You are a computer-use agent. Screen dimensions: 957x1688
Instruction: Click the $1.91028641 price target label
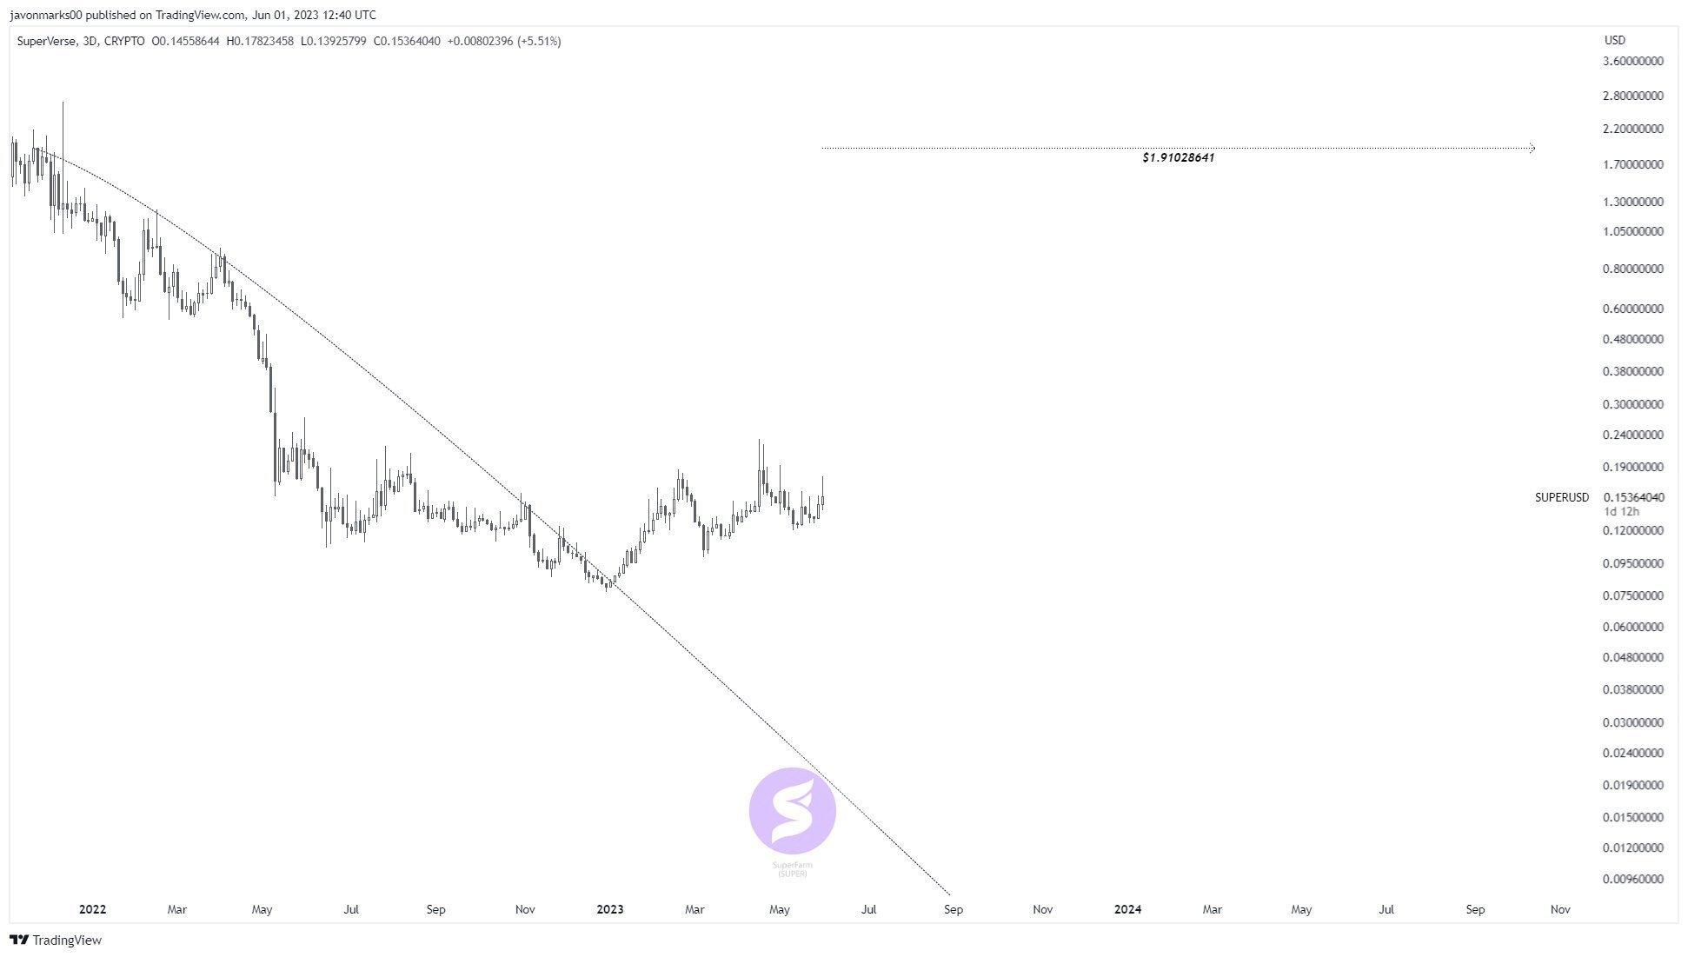pyautogui.click(x=1178, y=158)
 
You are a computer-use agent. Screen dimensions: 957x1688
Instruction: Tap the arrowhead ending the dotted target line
pyautogui.click(x=1532, y=149)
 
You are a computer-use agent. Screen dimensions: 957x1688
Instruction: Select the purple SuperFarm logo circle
pyautogui.click(x=792, y=811)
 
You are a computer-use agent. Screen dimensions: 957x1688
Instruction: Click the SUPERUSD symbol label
pyautogui.click(x=1561, y=498)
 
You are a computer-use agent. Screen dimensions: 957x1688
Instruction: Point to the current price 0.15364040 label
pyautogui.click(x=1633, y=498)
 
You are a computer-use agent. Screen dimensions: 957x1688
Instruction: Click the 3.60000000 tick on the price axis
pyautogui.click(x=1632, y=62)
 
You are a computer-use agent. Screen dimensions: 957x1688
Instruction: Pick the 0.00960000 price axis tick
pyautogui.click(x=1632, y=880)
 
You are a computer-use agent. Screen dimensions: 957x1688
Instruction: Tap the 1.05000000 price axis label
pyautogui.click(x=1632, y=232)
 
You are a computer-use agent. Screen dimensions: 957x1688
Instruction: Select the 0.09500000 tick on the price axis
pyautogui.click(x=1632, y=564)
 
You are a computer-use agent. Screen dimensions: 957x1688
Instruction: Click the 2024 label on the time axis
pyautogui.click(x=1127, y=910)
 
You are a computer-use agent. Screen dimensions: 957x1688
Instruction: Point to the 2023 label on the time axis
pyautogui.click(x=609, y=910)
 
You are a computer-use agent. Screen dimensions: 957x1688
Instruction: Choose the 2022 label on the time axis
pyautogui.click(x=92, y=910)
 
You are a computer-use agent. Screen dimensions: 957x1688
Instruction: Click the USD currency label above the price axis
pyautogui.click(x=1614, y=41)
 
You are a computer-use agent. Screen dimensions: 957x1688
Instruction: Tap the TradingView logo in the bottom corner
pyautogui.click(x=56, y=940)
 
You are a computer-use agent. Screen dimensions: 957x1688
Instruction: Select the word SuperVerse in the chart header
pyautogui.click(x=47, y=41)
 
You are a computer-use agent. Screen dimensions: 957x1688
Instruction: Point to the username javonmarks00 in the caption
pyautogui.click(x=46, y=15)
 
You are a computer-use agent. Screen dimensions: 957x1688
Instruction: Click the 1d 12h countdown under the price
pyautogui.click(x=1620, y=512)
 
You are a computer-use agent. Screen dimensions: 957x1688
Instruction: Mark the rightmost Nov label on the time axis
pyautogui.click(x=1559, y=910)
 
